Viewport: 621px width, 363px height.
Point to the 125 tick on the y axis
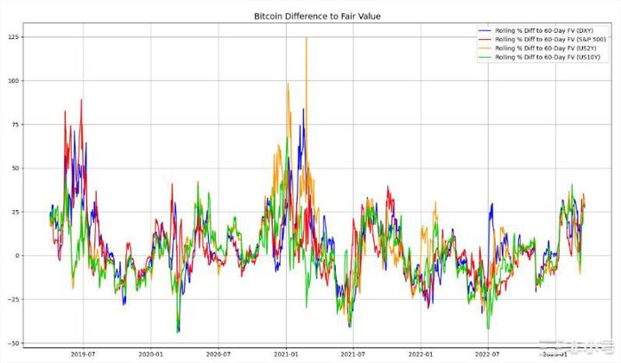pos(13,37)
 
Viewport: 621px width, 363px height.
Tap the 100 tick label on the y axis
pos(13,80)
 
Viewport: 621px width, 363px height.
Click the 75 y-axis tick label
pos(15,124)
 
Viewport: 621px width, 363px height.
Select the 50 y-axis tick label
pos(15,169)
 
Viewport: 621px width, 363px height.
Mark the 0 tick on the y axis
pos(17,256)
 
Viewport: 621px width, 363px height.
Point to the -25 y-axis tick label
pos(13,300)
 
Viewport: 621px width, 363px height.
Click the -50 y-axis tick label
pos(13,343)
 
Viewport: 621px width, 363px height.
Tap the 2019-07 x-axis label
pos(84,353)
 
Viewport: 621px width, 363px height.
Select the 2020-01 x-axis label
pos(151,353)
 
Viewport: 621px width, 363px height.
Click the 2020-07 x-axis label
pos(219,353)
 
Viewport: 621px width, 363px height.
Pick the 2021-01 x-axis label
pos(286,353)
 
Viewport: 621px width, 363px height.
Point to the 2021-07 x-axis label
pos(352,353)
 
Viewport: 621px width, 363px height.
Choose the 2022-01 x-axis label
pos(420,353)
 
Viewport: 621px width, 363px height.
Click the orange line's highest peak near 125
pos(306,39)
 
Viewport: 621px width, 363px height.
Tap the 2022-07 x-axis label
pos(486,353)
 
